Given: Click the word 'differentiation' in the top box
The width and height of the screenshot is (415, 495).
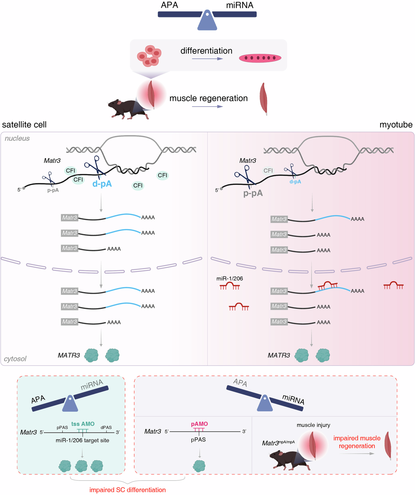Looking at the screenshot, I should pos(206,51).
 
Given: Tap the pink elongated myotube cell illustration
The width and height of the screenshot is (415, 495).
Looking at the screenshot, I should pos(260,58).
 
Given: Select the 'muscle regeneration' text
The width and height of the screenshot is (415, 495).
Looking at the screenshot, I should pos(209,98).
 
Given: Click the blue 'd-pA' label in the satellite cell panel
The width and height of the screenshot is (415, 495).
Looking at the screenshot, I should pos(102,184).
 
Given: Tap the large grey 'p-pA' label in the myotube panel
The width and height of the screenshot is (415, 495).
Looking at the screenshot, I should pos(253,193).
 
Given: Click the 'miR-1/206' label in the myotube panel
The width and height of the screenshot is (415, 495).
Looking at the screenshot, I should pos(230,278).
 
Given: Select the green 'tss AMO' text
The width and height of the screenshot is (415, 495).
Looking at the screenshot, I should pos(83,424).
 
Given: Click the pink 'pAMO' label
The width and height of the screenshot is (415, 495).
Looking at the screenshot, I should pos(200,424).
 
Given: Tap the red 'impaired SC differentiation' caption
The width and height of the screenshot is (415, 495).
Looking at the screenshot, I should pos(128,490).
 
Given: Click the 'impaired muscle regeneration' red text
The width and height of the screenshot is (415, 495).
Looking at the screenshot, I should pos(357,442).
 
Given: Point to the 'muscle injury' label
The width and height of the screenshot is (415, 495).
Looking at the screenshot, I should pos(313,425).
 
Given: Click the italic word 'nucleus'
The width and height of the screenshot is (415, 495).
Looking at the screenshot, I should pos(17,138).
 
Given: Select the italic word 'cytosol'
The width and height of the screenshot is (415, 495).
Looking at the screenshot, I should pos(15,359).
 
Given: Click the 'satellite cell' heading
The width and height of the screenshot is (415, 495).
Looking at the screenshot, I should pos(24,125).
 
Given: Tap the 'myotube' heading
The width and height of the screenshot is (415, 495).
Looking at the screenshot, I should pos(396,125).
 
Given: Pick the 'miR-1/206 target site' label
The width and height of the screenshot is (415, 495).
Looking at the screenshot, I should pos(82,440).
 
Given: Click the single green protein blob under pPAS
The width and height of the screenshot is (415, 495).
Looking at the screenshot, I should pos(199,466).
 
